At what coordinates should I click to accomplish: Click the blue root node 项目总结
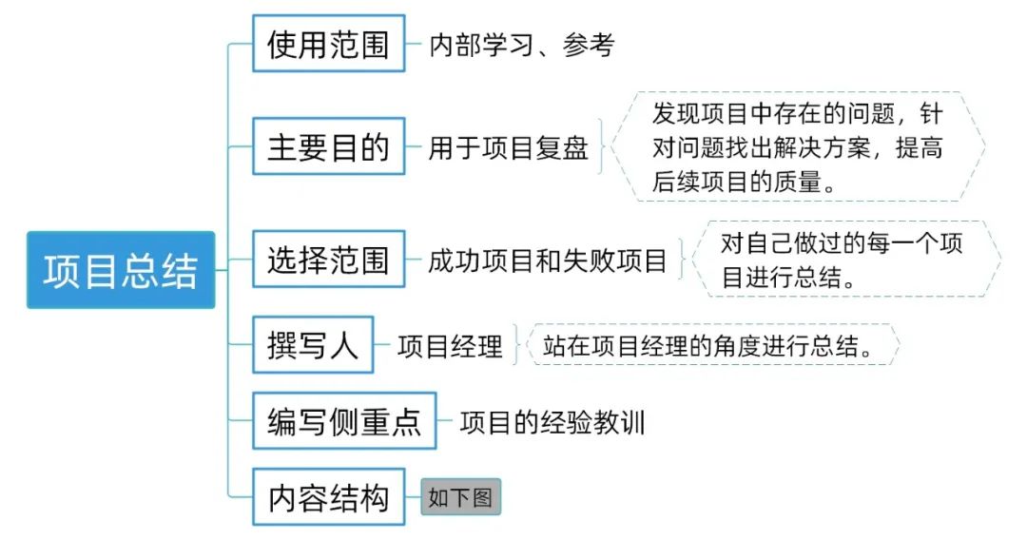121,270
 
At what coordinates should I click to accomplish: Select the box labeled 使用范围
328,44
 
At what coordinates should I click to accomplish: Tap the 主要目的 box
328,146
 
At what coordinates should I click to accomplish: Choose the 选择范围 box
328,260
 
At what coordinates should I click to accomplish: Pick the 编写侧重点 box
344,420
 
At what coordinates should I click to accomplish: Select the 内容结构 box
328,496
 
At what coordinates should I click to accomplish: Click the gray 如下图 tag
460,497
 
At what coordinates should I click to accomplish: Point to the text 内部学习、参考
522,45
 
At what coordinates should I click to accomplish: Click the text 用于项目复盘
509,147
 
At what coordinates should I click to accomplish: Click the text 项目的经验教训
552,421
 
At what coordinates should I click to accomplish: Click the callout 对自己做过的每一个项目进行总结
842,260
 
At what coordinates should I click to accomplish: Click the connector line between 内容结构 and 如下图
413,497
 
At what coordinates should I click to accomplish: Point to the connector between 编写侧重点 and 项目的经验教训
445,421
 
